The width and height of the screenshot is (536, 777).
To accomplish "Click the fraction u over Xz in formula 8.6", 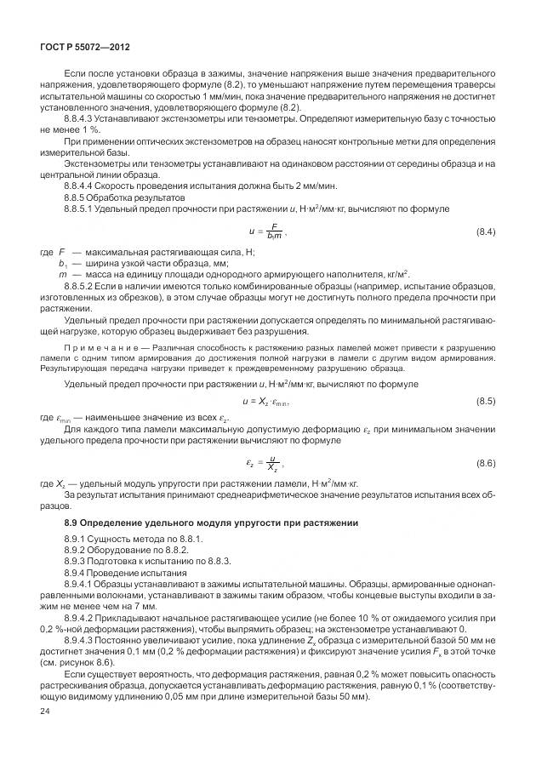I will click(271, 462).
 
